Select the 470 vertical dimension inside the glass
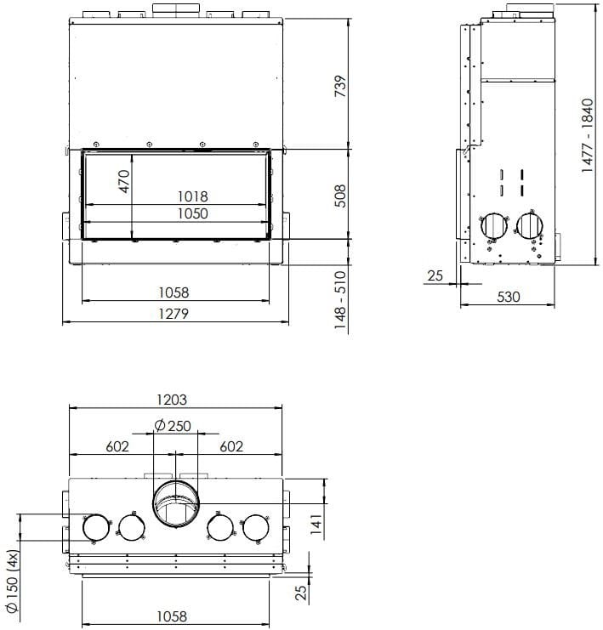click(124, 183)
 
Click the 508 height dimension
click(340, 196)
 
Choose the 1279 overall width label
click(174, 314)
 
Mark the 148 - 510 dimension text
click(340, 299)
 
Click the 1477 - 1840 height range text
click(587, 135)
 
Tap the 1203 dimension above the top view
click(173, 399)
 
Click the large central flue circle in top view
click(175, 508)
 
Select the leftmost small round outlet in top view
click(95, 528)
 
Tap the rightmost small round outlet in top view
click(255, 528)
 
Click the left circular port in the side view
click(492, 225)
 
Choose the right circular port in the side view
click(529, 225)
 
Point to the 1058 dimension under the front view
click(174, 292)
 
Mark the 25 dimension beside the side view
click(435, 275)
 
